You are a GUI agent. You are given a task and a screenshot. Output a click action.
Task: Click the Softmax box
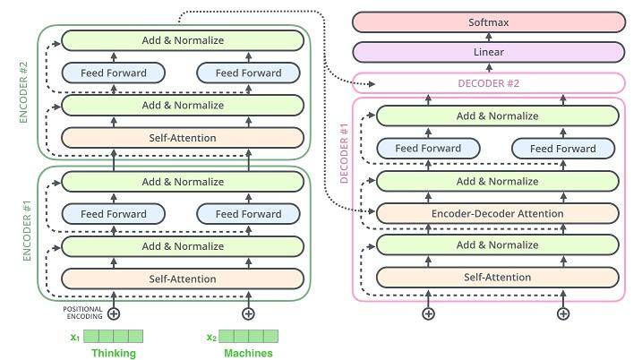pos(487,21)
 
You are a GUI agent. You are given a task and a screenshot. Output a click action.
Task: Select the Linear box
pos(487,52)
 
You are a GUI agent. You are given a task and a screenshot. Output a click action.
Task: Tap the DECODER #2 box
pos(487,83)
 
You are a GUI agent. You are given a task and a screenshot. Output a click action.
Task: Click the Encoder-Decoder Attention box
pos(497,213)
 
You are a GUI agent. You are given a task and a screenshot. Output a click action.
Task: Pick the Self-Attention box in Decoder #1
pos(497,277)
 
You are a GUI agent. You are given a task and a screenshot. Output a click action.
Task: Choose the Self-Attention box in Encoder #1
pos(182,279)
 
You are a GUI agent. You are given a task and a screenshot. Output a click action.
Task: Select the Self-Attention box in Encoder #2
pos(182,138)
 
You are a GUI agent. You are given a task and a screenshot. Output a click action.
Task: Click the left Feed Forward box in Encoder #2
pos(113,73)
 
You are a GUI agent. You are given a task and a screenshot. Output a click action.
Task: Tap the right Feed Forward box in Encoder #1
pos(248,214)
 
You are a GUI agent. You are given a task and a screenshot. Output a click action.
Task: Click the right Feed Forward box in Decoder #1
pos(562,149)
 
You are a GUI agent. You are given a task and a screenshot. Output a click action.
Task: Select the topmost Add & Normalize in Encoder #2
pos(182,40)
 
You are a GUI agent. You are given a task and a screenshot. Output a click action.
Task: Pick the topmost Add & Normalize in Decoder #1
pos(497,116)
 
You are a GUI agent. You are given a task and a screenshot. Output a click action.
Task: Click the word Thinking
pos(114,353)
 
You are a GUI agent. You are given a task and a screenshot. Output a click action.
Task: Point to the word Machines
pos(248,353)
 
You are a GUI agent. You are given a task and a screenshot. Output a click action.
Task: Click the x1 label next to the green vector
pos(75,337)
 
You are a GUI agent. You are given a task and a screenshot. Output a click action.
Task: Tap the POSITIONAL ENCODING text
pos(82,313)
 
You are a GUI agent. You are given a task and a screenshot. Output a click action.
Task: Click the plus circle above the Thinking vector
pos(114,313)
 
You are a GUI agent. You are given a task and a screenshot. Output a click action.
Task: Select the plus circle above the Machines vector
pos(249,313)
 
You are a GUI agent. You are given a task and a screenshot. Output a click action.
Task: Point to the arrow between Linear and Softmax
pos(487,37)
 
